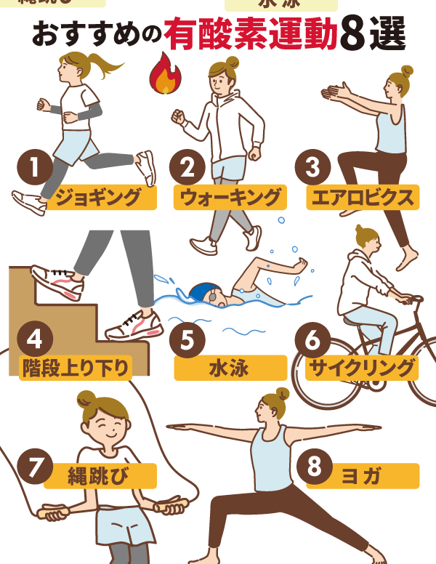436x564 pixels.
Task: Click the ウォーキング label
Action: coord(230,197)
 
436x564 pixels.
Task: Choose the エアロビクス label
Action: coord(362,197)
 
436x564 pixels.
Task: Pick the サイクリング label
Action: coord(361,367)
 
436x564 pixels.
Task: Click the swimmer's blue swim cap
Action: coord(199,292)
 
